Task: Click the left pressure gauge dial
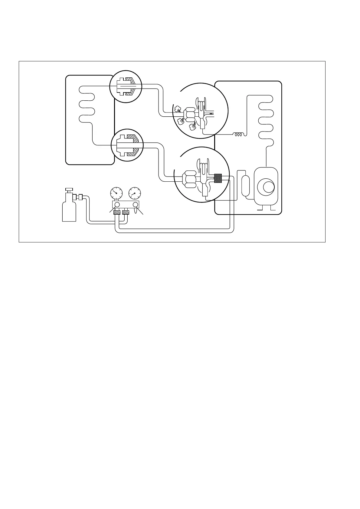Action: tap(116, 193)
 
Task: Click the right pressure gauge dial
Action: tap(135, 193)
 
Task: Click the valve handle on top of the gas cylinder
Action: tap(69, 190)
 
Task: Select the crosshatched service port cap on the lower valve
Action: tap(218, 178)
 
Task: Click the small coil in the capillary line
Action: tap(238, 134)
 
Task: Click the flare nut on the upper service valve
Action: tap(191, 113)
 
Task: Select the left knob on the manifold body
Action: tap(117, 205)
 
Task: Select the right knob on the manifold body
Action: tap(135, 205)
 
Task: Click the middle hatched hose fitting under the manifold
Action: tap(126, 212)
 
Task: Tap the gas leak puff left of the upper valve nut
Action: tap(177, 109)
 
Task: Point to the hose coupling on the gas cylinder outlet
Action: tap(80, 197)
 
